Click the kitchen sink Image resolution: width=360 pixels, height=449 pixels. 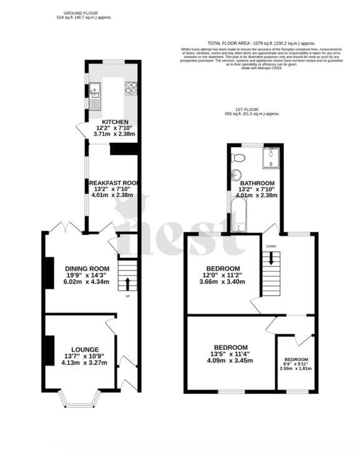coord(95,90)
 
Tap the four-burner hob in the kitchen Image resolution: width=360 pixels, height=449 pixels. coord(132,88)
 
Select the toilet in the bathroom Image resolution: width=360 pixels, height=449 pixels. coord(236,157)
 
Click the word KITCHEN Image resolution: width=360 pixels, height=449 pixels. coord(115,122)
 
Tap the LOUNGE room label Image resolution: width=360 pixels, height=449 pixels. coord(85,349)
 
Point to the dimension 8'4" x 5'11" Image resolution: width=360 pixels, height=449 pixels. coord(296,364)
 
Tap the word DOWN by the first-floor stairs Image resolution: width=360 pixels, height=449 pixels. coord(271,246)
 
